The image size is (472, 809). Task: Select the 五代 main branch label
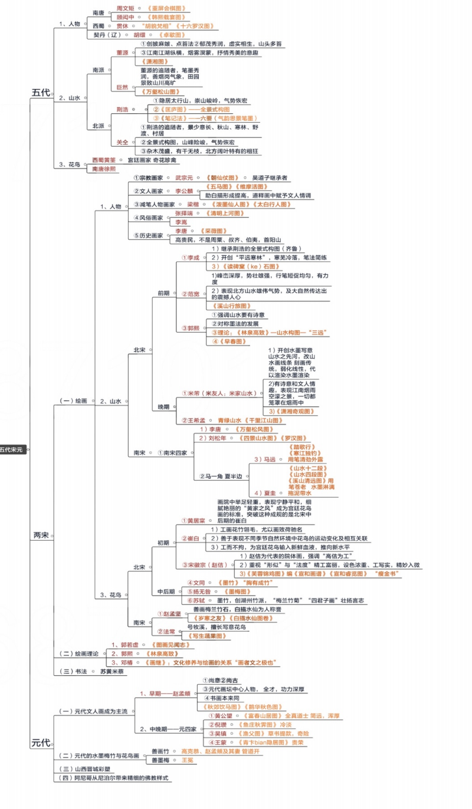[41, 93]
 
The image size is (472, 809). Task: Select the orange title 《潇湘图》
[151, 61]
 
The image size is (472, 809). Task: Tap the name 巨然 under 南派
[122, 87]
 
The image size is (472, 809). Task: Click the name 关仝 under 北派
[122, 142]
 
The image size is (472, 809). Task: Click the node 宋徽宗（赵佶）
[204, 565]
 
